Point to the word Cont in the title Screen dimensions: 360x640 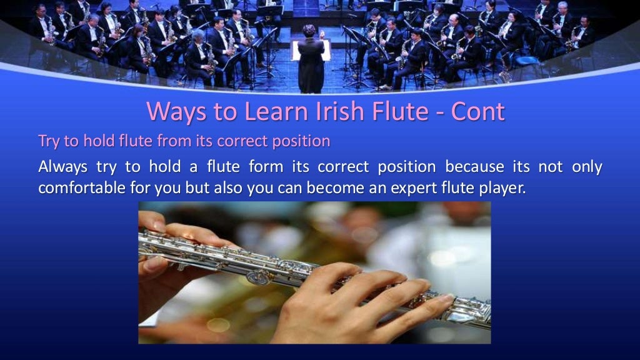tap(475, 112)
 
